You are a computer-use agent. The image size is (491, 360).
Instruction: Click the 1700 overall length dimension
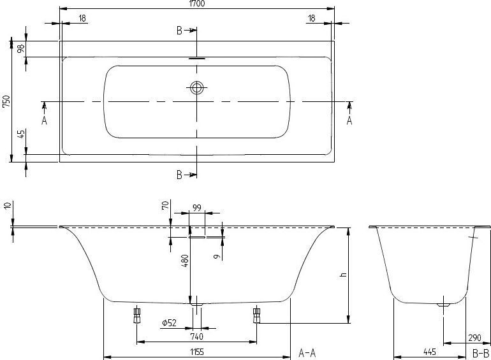(197, 3)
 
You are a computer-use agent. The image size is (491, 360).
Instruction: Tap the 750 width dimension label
(6, 101)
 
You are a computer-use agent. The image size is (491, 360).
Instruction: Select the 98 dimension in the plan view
(20, 48)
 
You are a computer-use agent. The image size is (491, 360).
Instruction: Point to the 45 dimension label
(20, 134)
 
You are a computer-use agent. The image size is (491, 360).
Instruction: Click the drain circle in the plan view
(196, 88)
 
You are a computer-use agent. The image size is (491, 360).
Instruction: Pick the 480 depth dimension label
(186, 261)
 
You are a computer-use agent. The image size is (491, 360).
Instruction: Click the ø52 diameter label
(169, 323)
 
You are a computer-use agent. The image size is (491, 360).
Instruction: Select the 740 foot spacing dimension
(196, 336)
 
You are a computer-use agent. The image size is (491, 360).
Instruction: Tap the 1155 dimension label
(197, 352)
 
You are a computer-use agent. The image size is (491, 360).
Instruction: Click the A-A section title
(307, 353)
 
